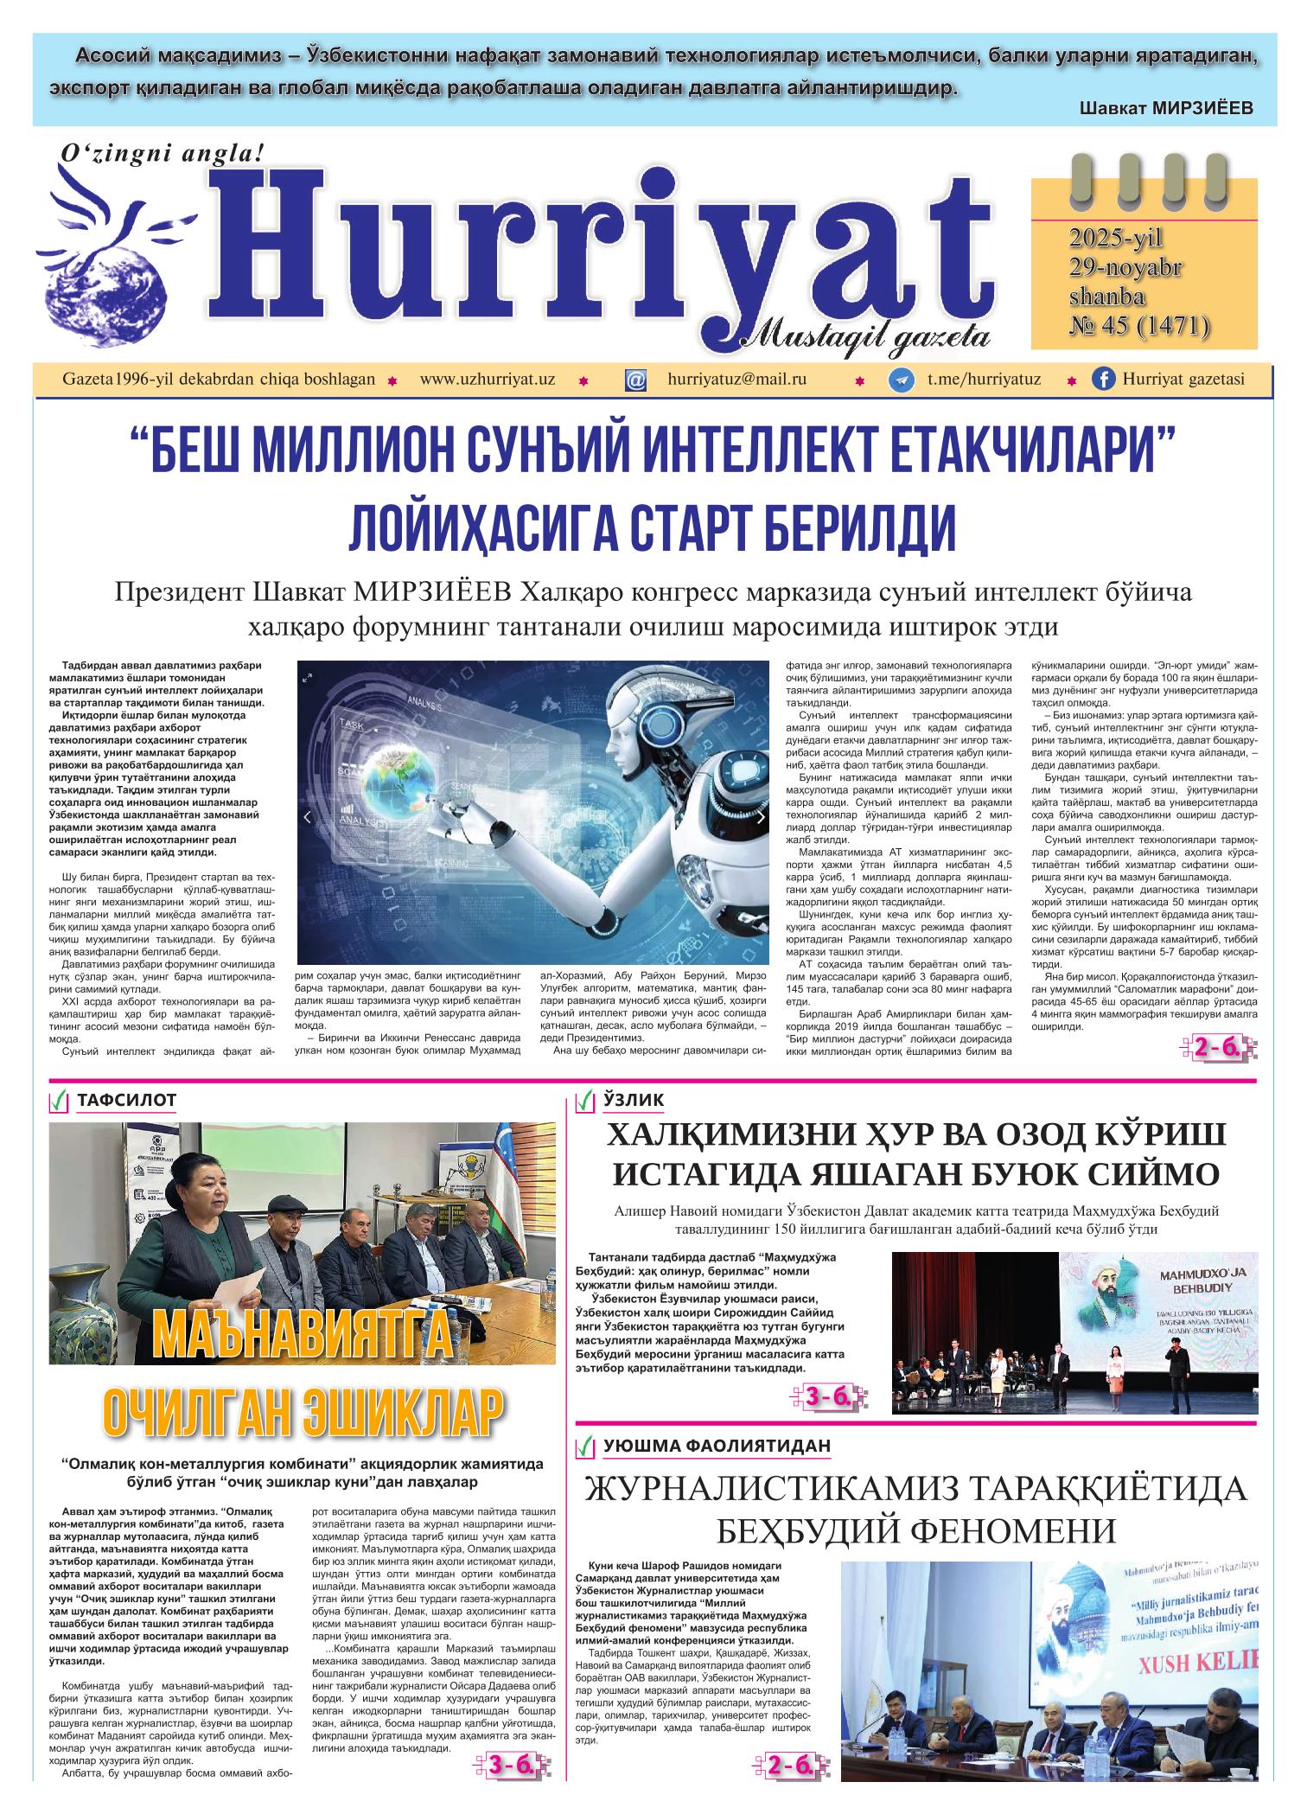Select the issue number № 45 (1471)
1138,324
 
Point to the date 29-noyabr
1125,267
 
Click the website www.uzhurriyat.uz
487,379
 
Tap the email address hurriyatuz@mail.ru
736,379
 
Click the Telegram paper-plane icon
901,380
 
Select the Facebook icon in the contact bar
1102,380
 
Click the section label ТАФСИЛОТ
126,1100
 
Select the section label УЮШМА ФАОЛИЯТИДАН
717,1445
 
